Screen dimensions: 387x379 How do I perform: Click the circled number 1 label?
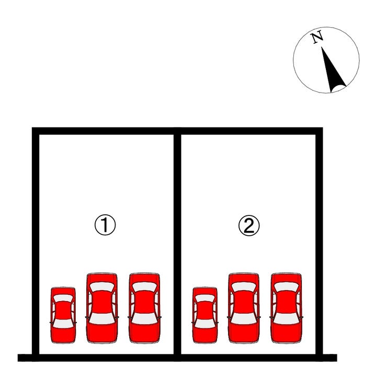105,225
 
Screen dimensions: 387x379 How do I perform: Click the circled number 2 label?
249,225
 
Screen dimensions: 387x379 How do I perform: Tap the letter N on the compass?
317,37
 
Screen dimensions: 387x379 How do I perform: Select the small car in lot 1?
63,315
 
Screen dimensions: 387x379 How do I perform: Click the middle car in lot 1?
102,308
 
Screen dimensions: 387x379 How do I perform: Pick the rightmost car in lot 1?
144,308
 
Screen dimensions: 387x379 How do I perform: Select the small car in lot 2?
205,315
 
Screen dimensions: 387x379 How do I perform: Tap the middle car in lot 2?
244,308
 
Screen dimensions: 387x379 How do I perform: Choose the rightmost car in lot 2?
286,308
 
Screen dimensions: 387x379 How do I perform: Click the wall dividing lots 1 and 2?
177,244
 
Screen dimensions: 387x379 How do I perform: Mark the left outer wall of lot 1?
36,244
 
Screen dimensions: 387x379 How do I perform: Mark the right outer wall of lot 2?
320,244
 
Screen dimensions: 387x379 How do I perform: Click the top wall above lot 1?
106,131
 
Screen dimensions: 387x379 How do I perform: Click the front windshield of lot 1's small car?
63,298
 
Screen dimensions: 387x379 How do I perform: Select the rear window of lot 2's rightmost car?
286,318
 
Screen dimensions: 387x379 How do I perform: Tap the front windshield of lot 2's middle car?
244,286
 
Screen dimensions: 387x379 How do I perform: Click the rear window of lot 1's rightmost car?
144,318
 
